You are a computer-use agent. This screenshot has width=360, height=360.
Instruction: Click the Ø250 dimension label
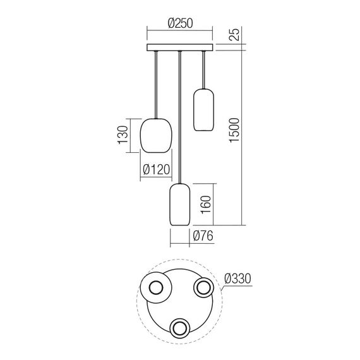(180, 23)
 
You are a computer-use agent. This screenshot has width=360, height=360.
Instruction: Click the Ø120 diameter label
(157, 169)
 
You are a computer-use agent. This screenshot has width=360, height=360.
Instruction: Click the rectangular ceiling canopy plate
(180, 48)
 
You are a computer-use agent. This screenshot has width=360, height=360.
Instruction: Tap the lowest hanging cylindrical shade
(180, 205)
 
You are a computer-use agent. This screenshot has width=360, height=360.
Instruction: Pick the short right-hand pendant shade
(202, 110)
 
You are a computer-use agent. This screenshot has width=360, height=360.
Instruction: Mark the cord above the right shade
(202, 70)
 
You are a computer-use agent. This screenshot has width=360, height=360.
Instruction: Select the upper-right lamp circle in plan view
(203, 288)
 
